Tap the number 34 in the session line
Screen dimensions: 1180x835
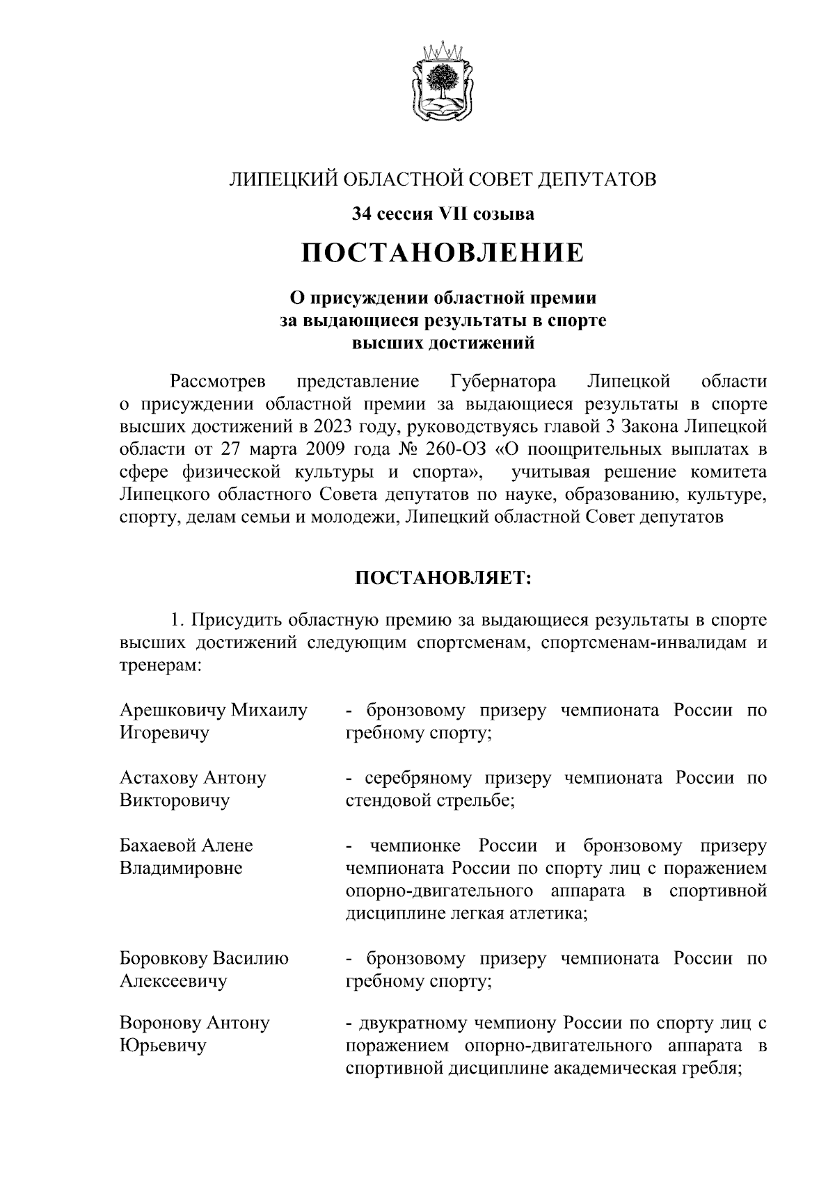click(x=362, y=214)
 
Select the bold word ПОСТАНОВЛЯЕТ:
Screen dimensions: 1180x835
click(x=443, y=579)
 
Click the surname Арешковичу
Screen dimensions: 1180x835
click(x=172, y=711)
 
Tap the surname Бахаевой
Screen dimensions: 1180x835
click(x=159, y=846)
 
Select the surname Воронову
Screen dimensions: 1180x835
click(x=160, y=1023)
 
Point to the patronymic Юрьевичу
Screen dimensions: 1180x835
click(x=163, y=1045)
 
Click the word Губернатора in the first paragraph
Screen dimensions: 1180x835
click(x=503, y=382)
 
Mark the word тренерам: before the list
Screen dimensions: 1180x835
click(x=161, y=665)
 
